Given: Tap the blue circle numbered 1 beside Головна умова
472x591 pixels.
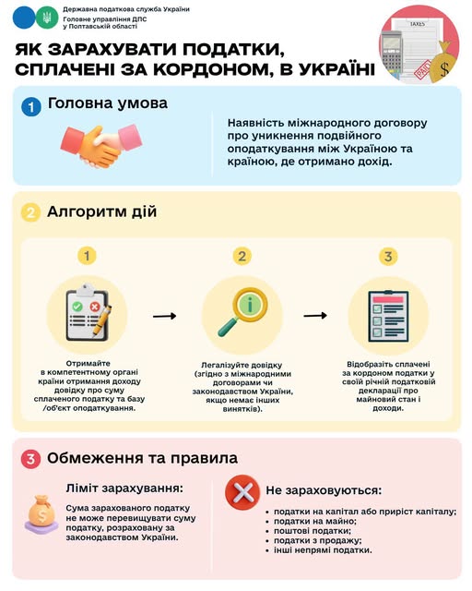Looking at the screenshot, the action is (30, 106).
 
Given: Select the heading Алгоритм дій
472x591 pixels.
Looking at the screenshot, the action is (101, 211).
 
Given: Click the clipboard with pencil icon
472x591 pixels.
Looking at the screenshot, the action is (88, 313).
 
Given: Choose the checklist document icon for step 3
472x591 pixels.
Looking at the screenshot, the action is (388, 316).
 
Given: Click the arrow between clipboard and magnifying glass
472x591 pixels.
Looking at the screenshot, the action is (164, 316).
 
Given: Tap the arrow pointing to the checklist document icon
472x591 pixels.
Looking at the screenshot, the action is (315, 315).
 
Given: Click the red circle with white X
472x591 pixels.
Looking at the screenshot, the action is (242, 492).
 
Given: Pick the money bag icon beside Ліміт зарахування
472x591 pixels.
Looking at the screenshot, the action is (41, 515).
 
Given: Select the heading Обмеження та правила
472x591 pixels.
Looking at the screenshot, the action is (142, 458).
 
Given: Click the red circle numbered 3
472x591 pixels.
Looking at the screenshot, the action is (30, 459).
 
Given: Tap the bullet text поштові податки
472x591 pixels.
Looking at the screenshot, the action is (312, 531).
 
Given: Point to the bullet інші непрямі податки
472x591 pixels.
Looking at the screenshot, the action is (323, 550).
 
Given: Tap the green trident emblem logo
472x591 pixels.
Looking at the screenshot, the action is (47, 18).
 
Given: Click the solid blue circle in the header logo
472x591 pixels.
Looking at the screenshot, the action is (24, 18).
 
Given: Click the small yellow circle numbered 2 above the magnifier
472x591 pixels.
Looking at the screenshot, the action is (242, 257).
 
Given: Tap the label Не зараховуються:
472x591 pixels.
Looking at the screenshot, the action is (324, 490).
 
